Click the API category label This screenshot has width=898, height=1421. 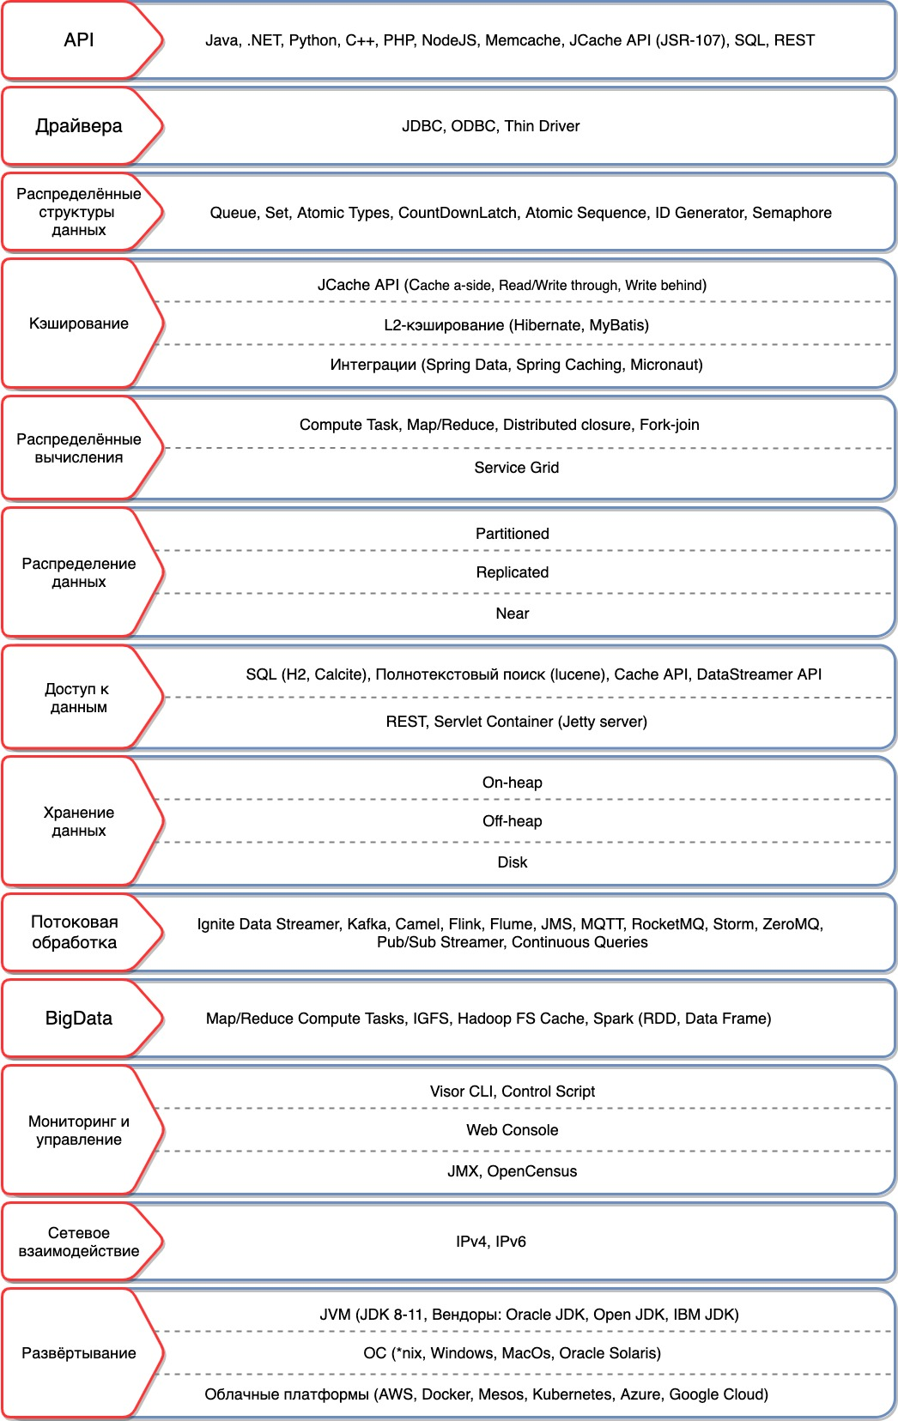pos(79,40)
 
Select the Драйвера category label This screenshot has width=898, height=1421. pos(79,126)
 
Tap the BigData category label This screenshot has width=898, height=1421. pos(79,1019)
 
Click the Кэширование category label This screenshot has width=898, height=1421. pos(79,324)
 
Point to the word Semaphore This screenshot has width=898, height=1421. pos(792,213)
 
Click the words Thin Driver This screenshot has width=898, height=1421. pos(542,126)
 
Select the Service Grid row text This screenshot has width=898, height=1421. pos(516,468)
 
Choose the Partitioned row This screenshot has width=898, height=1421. pos(513,534)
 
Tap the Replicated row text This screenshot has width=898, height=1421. pos(513,572)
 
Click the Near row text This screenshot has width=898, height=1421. pos(513,614)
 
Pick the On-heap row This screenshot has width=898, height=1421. pos(513,783)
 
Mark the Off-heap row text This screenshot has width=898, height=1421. pos(513,821)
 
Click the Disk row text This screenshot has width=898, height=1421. pos(513,862)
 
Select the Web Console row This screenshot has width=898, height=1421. pos(513,1130)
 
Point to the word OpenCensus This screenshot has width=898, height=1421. pos(532,1171)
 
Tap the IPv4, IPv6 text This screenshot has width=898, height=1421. pos(491,1242)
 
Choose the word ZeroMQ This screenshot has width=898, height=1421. pos(792,924)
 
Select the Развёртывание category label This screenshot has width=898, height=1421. pos(79,1353)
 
